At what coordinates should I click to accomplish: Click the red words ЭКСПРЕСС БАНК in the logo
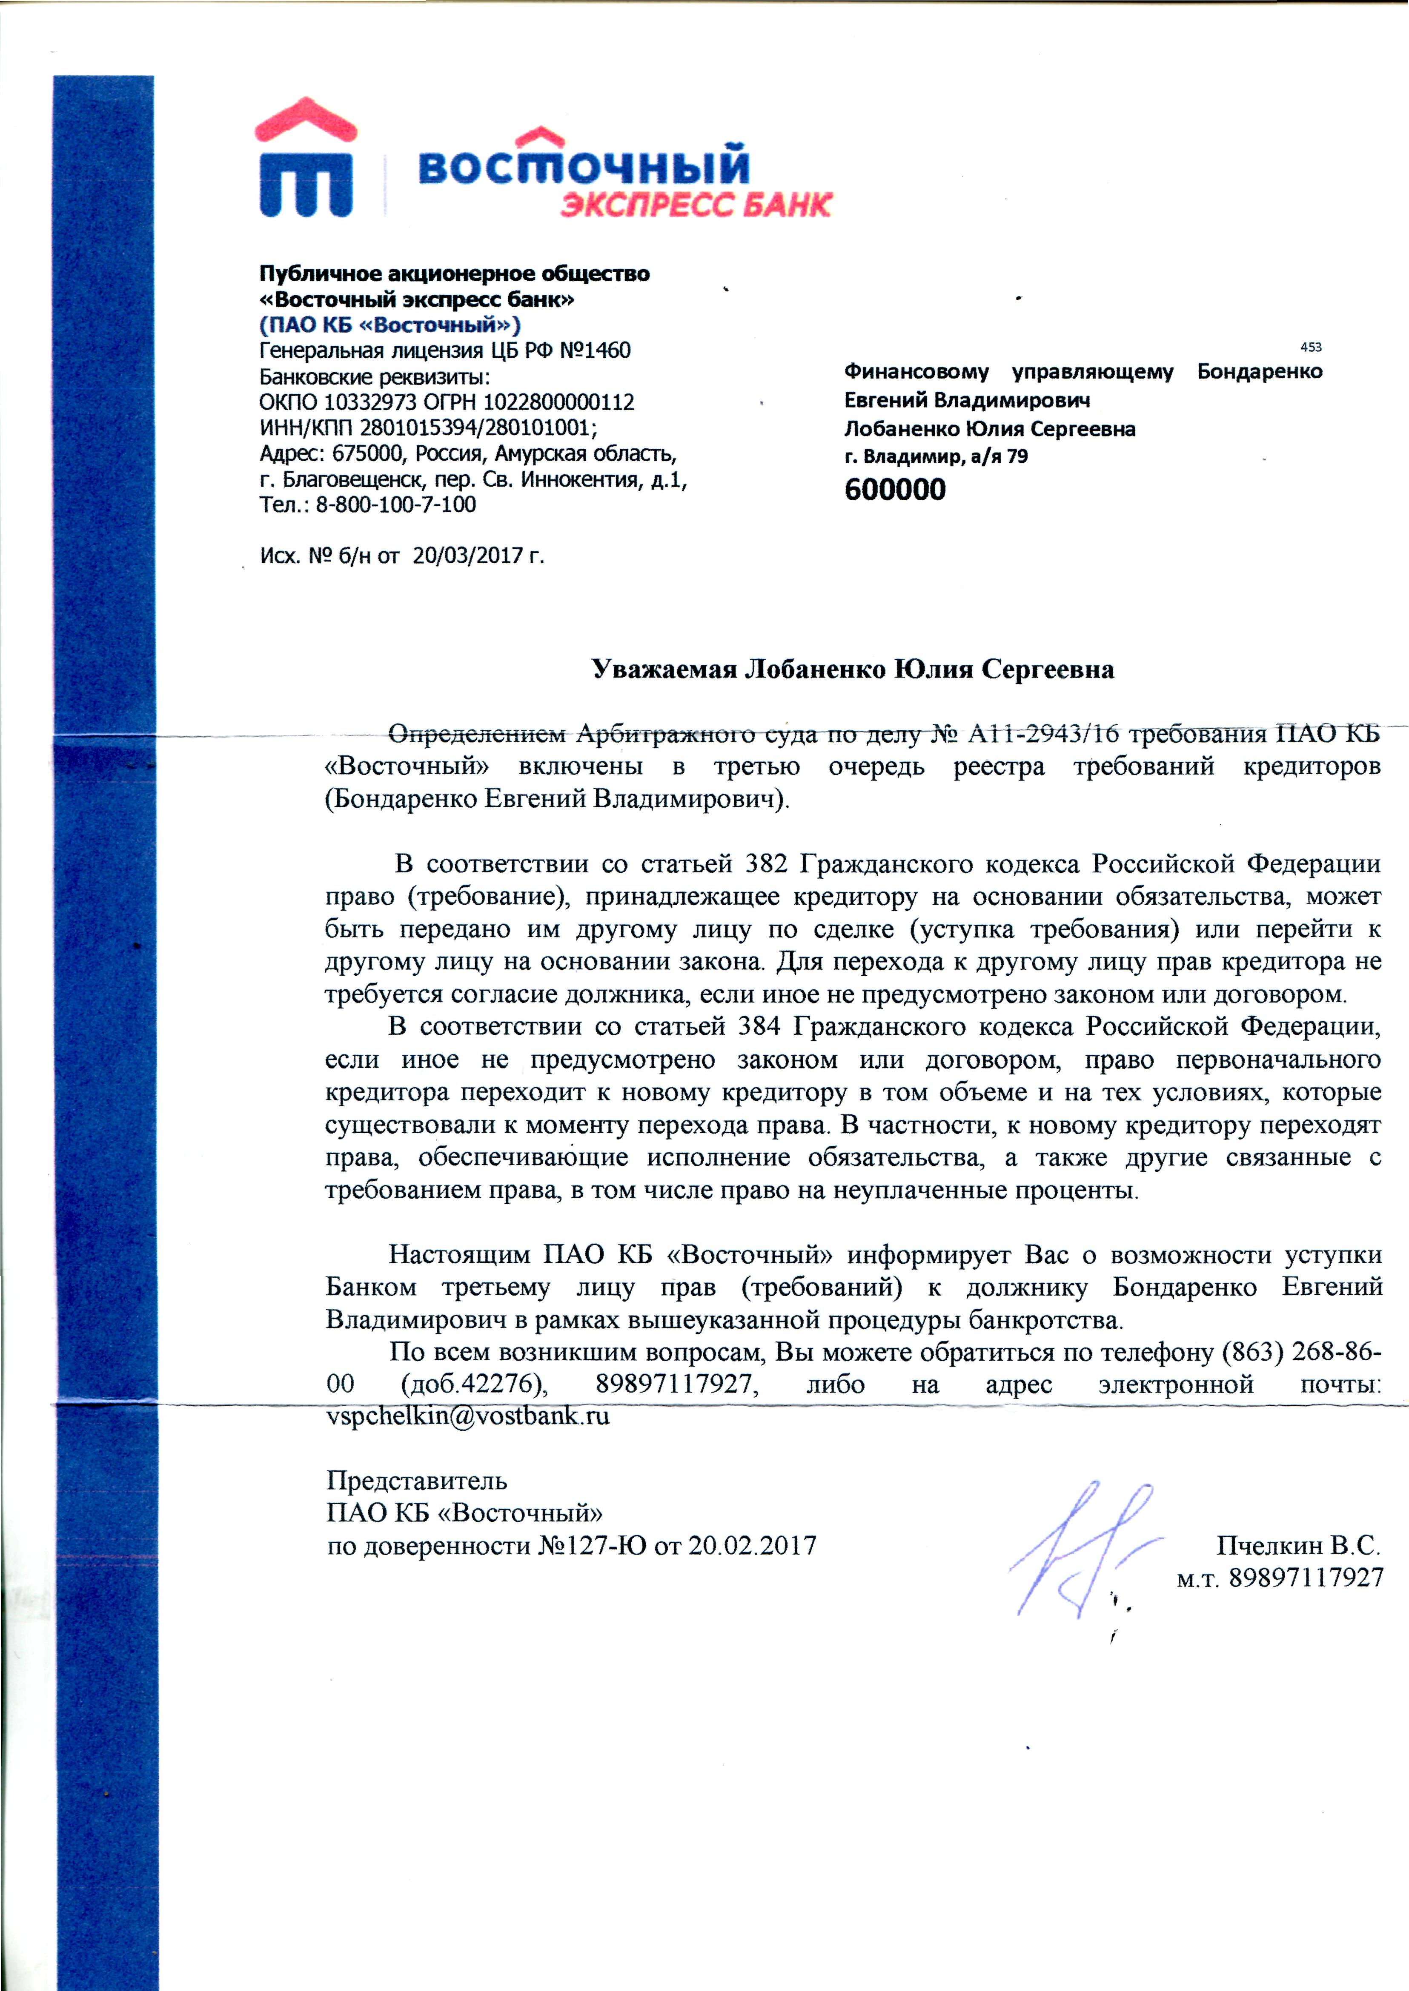[x=696, y=205]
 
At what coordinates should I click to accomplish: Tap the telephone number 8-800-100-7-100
[x=395, y=505]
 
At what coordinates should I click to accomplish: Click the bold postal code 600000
[x=894, y=490]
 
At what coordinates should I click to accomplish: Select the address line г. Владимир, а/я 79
[x=936, y=456]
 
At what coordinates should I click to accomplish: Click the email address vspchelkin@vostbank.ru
[x=468, y=1416]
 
